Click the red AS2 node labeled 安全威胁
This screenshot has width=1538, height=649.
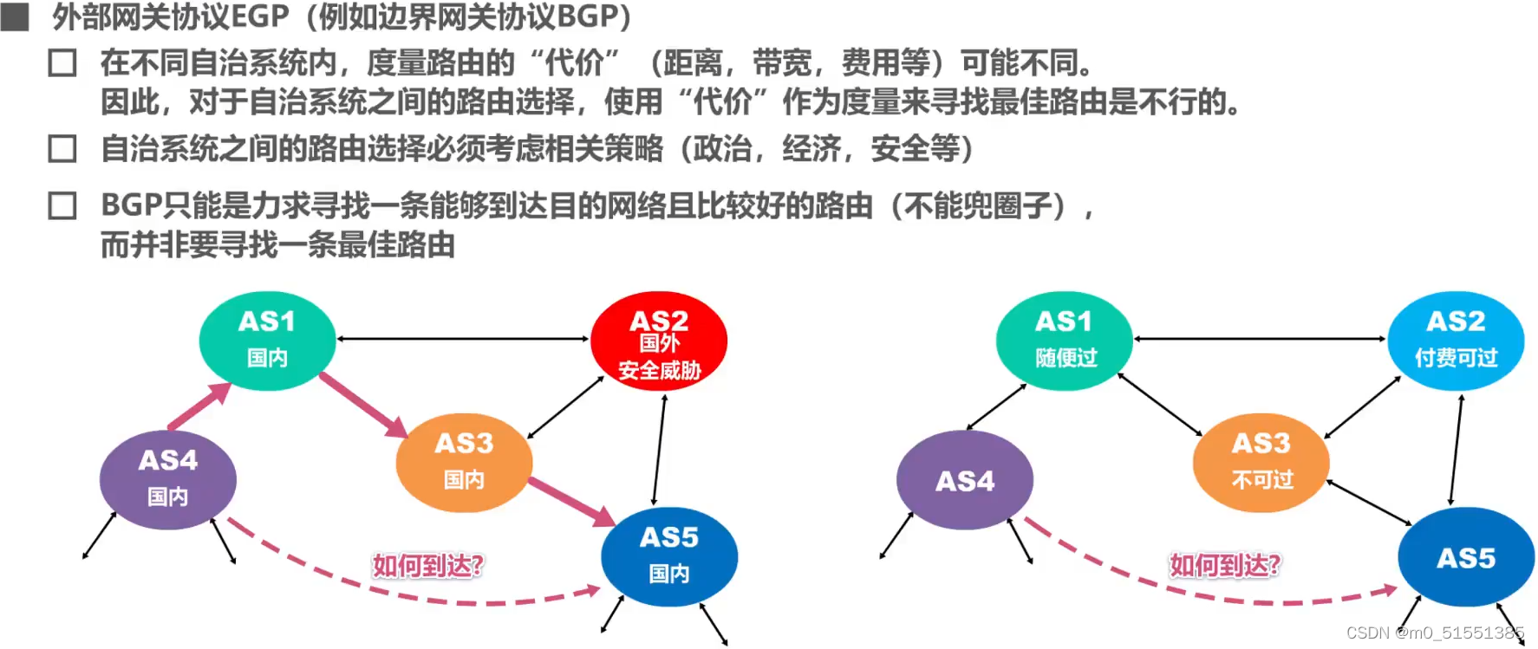point(659,341)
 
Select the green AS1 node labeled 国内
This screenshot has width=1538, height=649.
point(267,340)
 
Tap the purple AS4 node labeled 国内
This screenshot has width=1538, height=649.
point(168,479)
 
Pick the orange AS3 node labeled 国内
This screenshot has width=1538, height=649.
point(464,463)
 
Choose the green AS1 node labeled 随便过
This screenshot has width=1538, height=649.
point(1065,340)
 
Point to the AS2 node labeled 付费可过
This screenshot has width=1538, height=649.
point(1456,340)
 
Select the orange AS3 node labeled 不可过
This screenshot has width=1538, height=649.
point(1261,463)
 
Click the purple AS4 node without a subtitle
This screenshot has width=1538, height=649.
point(965,480)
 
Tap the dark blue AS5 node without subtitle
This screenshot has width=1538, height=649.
point(1466,558)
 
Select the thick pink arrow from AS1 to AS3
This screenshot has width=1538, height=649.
point(362,404)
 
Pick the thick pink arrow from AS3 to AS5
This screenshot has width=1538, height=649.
point(572,501)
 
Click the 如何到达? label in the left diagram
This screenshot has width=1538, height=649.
point(427,566)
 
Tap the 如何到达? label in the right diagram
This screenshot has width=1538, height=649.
point(1224,566)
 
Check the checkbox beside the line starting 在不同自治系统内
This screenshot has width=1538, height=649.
point(62,63)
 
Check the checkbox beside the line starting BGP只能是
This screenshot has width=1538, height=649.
point(62,206)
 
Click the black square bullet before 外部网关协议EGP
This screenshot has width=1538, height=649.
point(15,16)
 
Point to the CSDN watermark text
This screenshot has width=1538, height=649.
point(1434,633)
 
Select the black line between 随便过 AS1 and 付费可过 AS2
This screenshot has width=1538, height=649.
point(1260,339)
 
